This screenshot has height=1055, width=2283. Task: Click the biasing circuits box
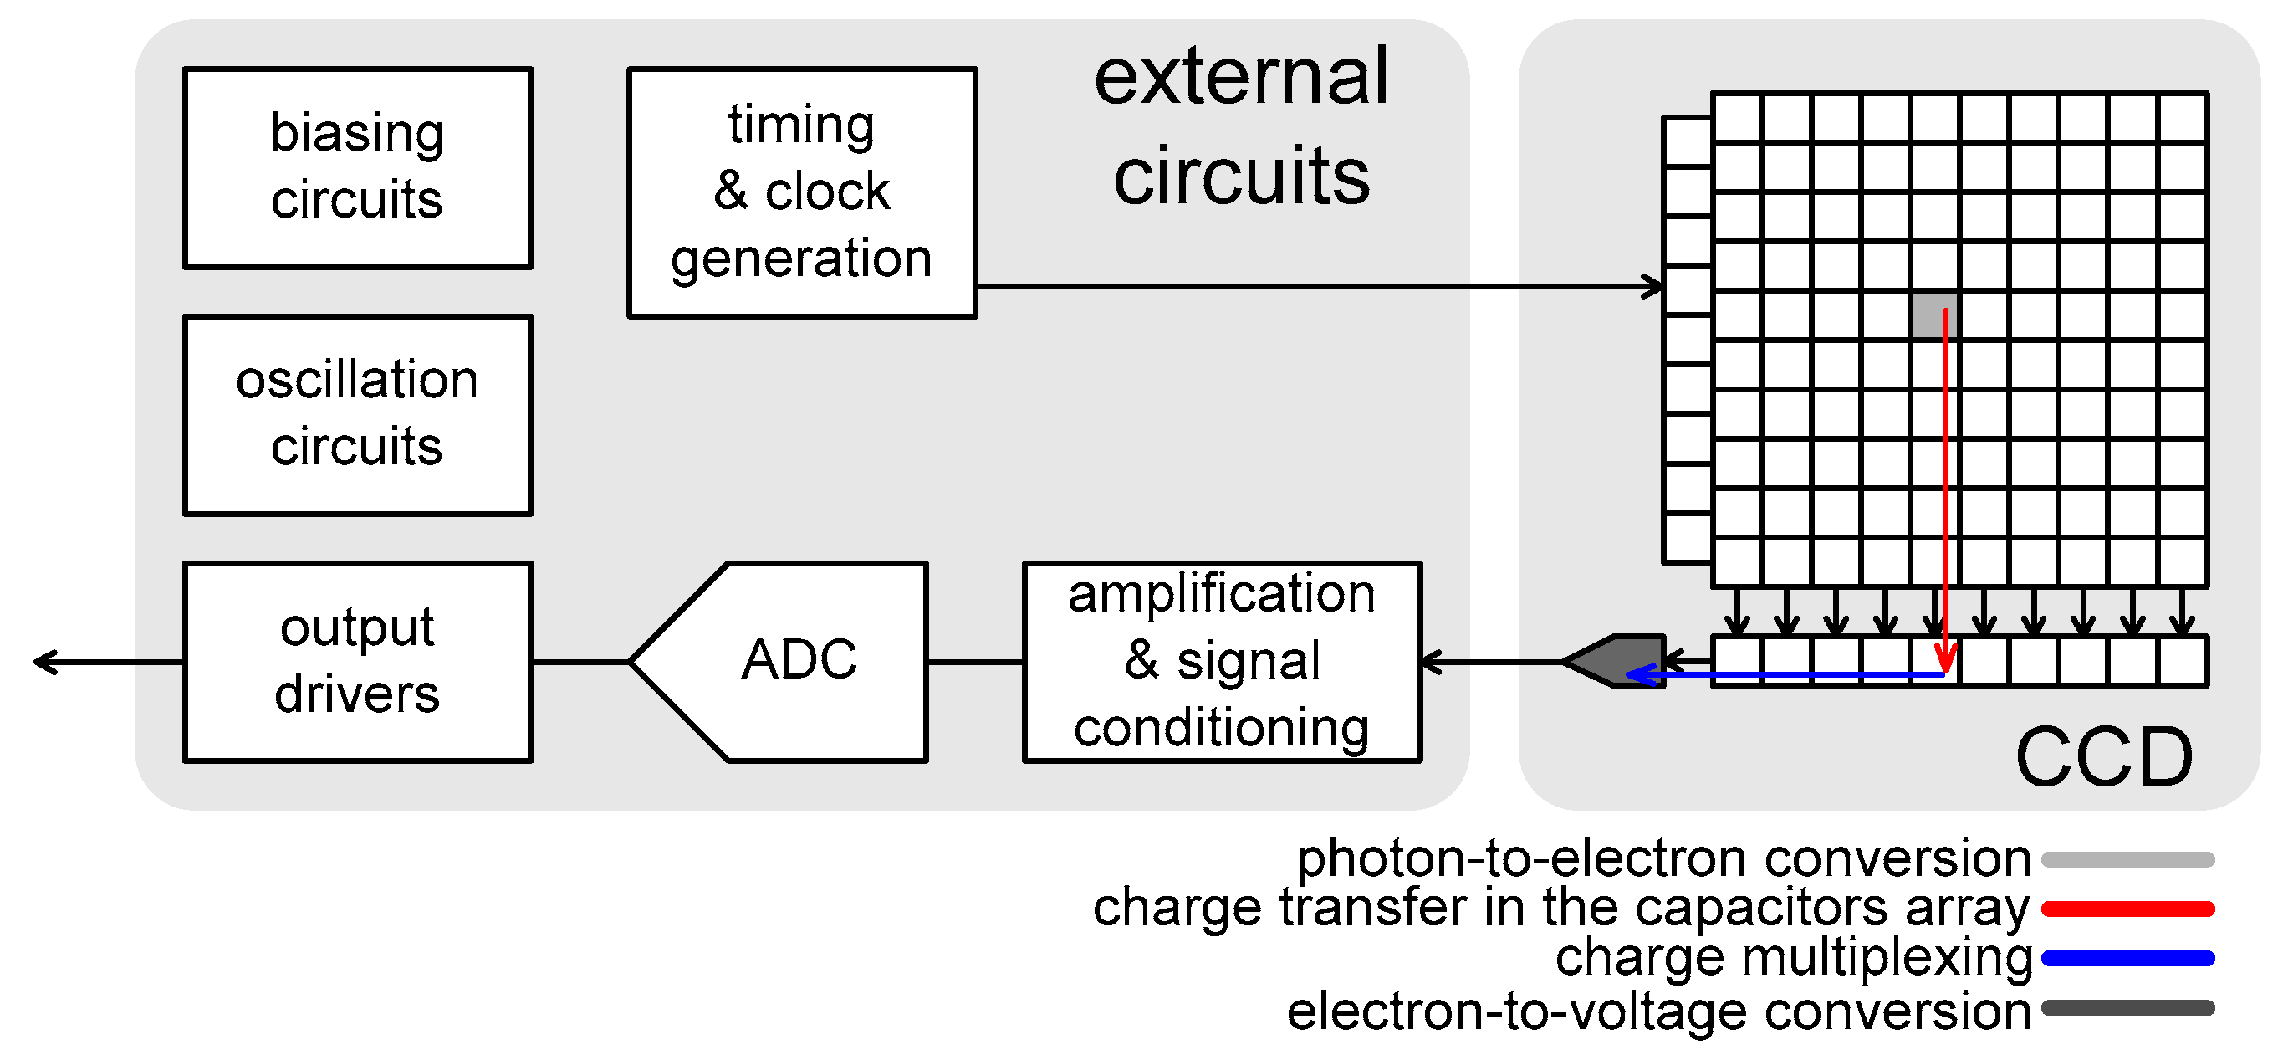click(357, 167)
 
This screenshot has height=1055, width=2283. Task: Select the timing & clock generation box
click(801, 192)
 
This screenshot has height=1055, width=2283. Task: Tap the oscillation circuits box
click(357, 414)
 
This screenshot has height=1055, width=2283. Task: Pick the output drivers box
click(357, 662)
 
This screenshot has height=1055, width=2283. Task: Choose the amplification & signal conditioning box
click(1221, 662)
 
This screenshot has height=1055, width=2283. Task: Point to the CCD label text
click(2103, 756)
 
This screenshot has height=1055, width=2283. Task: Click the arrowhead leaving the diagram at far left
click(43, 662)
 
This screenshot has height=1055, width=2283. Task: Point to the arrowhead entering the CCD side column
click(1654, 286)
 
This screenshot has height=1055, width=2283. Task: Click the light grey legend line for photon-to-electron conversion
click(2127, 859)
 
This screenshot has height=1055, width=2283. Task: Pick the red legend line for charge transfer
click(2127, 909)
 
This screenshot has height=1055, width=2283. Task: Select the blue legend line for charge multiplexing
click(2127, 958)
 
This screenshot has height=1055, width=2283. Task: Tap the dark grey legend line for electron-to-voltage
click(2127, 1008)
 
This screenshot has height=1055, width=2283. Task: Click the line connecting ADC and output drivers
click(580, 662)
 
